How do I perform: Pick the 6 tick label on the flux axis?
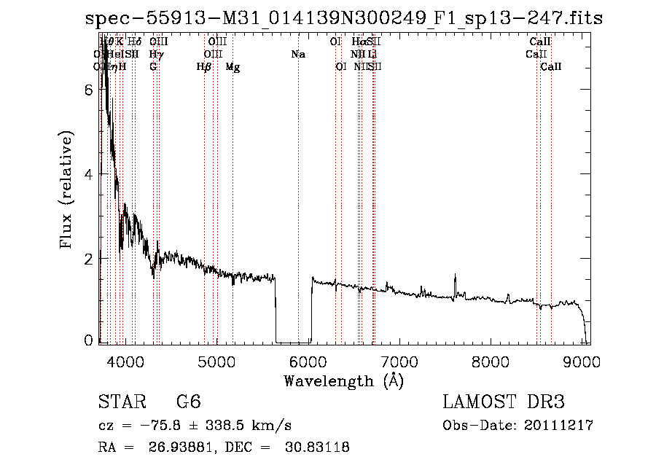[x=87, y=90]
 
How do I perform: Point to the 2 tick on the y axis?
[x=87, y=259]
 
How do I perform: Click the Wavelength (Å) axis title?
[x=343, y=380]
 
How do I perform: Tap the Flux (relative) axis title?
[x=67, y=191]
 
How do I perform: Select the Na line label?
[x=297, y=54]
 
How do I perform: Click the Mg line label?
[x=233, y=67]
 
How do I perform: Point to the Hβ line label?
[x=204, y=67]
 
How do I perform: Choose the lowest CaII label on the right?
[x=551, y=67]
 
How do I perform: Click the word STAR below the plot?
[x=117, y=402]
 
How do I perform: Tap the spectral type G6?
[x=188, y=402]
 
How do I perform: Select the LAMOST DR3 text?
[x=504, y=402]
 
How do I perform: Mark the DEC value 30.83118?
[x=316, y=447]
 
